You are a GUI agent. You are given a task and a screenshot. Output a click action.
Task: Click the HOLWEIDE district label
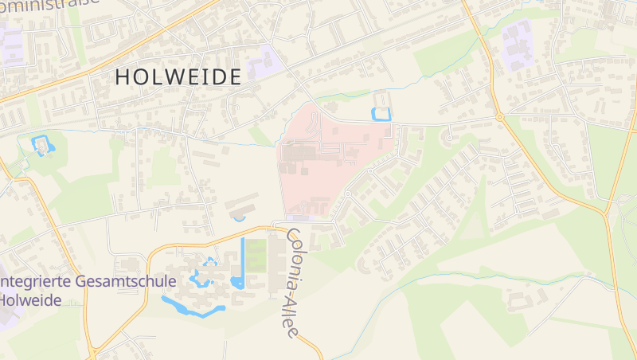pos(178,77)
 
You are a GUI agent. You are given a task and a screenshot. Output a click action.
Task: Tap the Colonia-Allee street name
pos(291,282)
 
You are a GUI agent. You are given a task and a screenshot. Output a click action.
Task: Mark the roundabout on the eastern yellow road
pos(499,117)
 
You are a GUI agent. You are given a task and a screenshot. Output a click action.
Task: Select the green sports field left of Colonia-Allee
pos(256,256)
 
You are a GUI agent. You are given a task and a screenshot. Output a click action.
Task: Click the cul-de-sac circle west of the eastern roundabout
pos(449,138)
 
